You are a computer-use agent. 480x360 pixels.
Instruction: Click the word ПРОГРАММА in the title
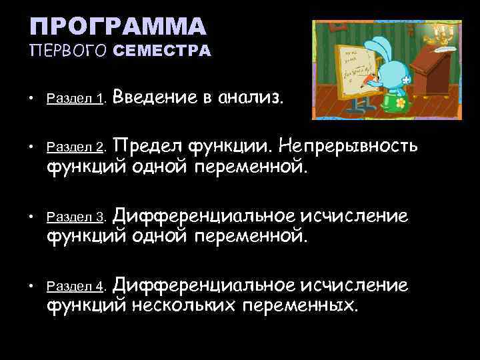(x=119, y=27)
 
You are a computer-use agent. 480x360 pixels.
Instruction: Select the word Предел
(x=166, y=145)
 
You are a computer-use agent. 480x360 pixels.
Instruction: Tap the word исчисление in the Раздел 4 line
(x=355, y=285)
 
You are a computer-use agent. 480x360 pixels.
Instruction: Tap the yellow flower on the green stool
(x=400, y=104)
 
